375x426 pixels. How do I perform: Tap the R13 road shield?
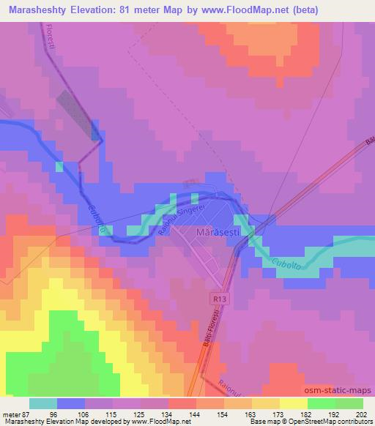[x=213, y=299]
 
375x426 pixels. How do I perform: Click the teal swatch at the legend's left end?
[x=43, y=403]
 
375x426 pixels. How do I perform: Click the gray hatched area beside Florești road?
[x=78, y=113]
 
